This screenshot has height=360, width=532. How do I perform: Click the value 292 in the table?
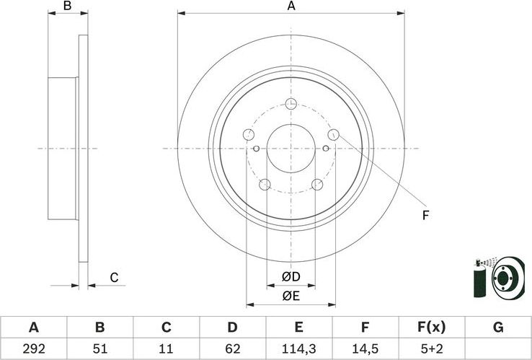[x=33, y=349]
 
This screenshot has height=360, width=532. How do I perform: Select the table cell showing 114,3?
[x=298, y=349]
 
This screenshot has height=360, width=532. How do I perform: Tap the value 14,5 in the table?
[x=365, y=349]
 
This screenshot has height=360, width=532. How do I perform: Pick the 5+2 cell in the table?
[x=431, y=349]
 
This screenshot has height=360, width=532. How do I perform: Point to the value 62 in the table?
[x=232, y=349]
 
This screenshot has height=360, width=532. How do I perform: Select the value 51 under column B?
[x=99, y=349]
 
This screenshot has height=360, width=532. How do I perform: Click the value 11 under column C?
[x=166, y=349]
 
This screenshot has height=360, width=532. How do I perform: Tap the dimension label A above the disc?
[x=291, y=6]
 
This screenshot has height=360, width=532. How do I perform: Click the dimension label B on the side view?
[x=67, y=6]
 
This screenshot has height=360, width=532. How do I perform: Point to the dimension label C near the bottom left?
[x=114, y=277]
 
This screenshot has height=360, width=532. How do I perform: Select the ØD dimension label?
[x=291, y=277]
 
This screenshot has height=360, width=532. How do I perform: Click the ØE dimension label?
[x=291, y=294]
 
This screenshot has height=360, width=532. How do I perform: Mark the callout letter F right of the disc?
[x=425, y=214]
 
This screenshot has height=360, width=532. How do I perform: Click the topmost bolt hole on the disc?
[x=291, y=104]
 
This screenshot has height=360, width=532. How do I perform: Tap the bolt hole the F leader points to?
[x=333, y=134]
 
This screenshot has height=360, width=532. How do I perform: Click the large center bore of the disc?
[x=291, y=149]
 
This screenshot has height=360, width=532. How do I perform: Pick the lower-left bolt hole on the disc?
[x=265, y=185]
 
